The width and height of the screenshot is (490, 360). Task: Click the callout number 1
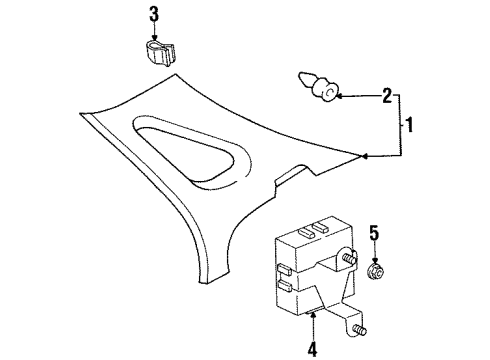[409, 128]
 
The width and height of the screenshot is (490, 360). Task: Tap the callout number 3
[154, 14]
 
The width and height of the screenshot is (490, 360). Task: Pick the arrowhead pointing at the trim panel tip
[364, 155]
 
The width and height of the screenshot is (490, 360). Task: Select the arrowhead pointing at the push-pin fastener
[339, 96]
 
